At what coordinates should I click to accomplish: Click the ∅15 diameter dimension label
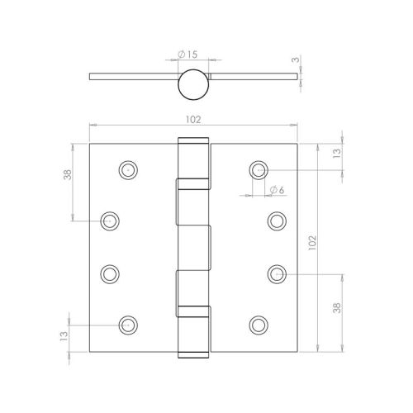(x=188, y=55)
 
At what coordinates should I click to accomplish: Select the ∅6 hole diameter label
(x=276, y=191)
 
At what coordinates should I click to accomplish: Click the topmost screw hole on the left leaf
(x=126, y=169)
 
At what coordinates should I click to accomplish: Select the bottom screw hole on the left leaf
(x=126, y=325)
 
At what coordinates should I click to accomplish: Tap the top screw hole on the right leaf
(x=258, y=169)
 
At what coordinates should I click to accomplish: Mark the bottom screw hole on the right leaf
(x=258, y=325)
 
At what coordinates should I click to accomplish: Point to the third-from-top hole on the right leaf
(x=276, y=273)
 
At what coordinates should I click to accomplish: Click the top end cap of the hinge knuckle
(x=191, y=142)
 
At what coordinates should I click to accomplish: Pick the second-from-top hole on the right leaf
(x=276, y=221)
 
